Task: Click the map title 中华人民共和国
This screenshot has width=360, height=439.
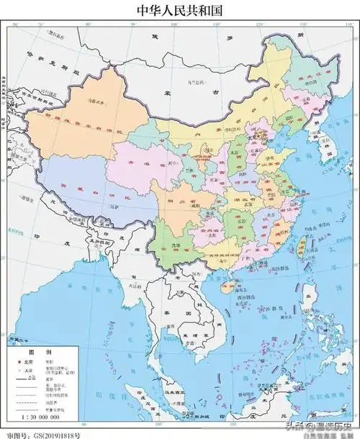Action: [x=180, y=10]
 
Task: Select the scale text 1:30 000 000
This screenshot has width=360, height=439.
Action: [x=36, y=415]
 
